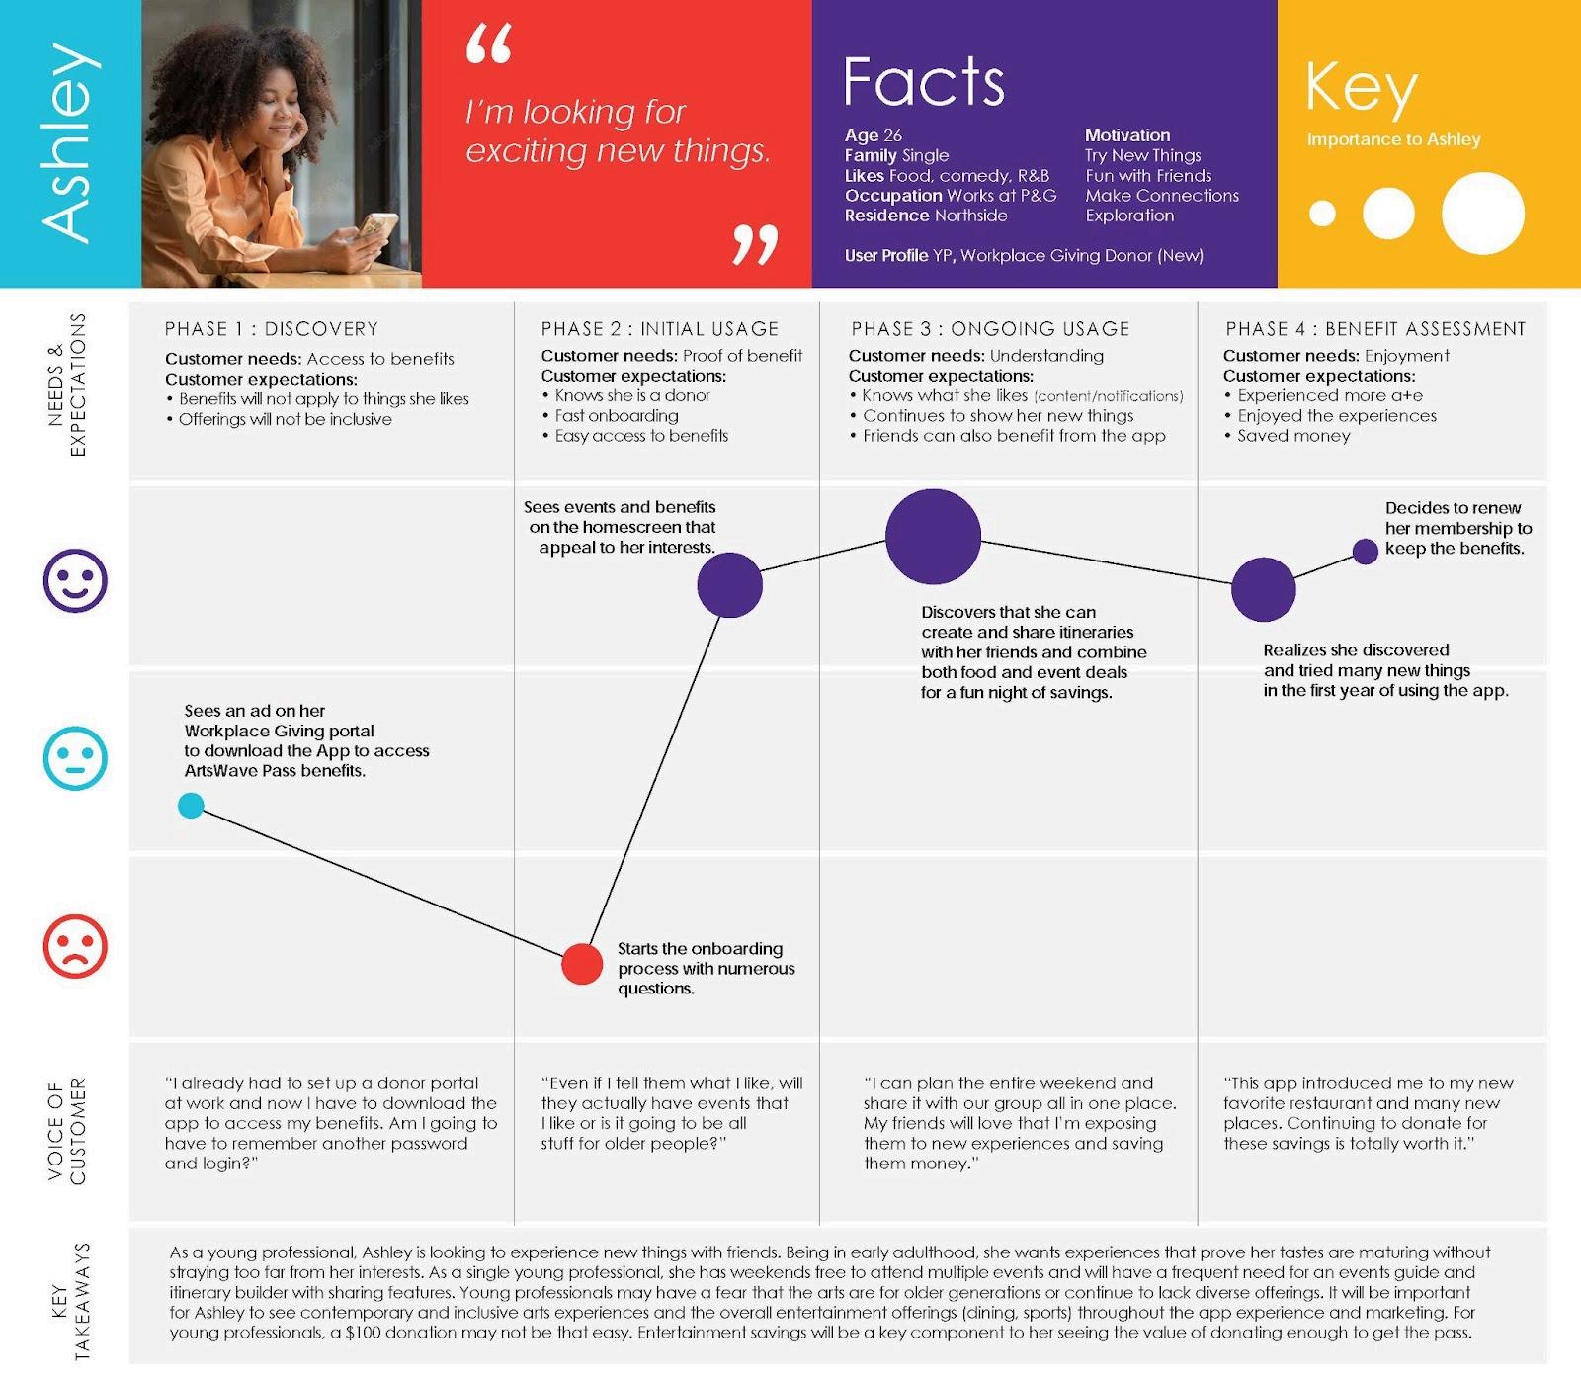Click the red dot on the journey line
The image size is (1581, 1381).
(582, 964)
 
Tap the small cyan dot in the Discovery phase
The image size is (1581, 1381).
(191, 806)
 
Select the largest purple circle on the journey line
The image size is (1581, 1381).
(933, 537)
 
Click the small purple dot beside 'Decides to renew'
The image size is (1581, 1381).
(1366, 552)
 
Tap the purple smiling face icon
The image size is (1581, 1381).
(75, 580)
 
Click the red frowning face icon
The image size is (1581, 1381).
(75, 946)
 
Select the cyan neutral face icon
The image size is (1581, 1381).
(75, 758)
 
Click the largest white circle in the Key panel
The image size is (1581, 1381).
(1482, 213)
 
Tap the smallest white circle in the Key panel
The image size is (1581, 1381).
(1322, 213)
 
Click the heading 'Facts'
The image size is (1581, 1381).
(924, 82)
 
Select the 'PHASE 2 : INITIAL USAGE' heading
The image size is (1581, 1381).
(659, 329)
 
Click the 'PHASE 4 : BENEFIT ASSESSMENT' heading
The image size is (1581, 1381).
(1375, 329)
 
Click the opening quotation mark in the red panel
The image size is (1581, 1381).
(489, 45)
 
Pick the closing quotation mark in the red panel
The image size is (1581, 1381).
(755, 245)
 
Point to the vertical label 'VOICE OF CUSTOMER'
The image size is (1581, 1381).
(67, 1131)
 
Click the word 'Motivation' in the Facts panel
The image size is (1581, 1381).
(1127, 135)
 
